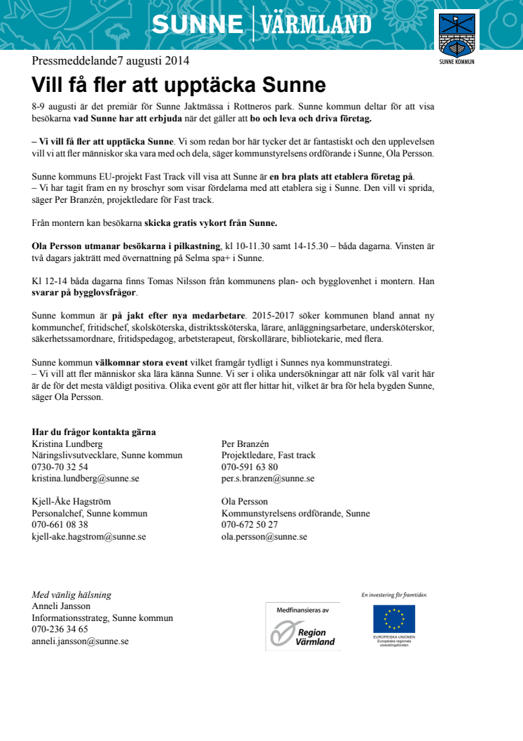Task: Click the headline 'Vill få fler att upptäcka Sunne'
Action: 179,86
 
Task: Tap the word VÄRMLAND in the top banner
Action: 316,25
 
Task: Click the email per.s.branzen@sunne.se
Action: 268,478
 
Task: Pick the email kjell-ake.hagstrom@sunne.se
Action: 89,536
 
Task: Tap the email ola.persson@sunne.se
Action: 264,536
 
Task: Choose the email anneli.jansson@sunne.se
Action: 80,641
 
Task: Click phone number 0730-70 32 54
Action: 60,467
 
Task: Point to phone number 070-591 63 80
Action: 250,467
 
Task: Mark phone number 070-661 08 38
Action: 60,525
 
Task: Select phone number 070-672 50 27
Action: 250,525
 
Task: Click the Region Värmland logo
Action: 302,627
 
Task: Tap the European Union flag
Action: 393,618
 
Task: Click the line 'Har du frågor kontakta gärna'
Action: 94,432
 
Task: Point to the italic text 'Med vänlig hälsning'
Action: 72,595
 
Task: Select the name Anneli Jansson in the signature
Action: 61,606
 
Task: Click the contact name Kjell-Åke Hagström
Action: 72,502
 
